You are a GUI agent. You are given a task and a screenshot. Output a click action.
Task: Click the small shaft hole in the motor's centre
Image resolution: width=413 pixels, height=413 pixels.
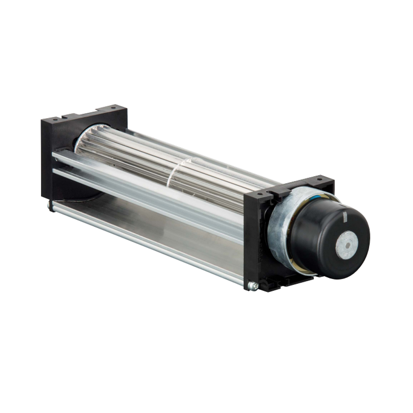[x=346, y=245]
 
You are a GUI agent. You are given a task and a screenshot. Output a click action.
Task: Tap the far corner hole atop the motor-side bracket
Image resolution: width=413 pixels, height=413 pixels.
[x=319, y=180]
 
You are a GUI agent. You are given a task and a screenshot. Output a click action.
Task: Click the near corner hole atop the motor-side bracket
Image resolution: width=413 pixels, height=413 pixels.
[x=259, y=193]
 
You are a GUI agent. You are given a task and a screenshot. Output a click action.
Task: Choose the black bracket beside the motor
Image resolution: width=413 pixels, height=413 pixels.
[x=256, y=240]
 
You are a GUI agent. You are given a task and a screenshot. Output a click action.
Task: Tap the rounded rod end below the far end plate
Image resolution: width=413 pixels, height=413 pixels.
[x=50, y=204]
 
